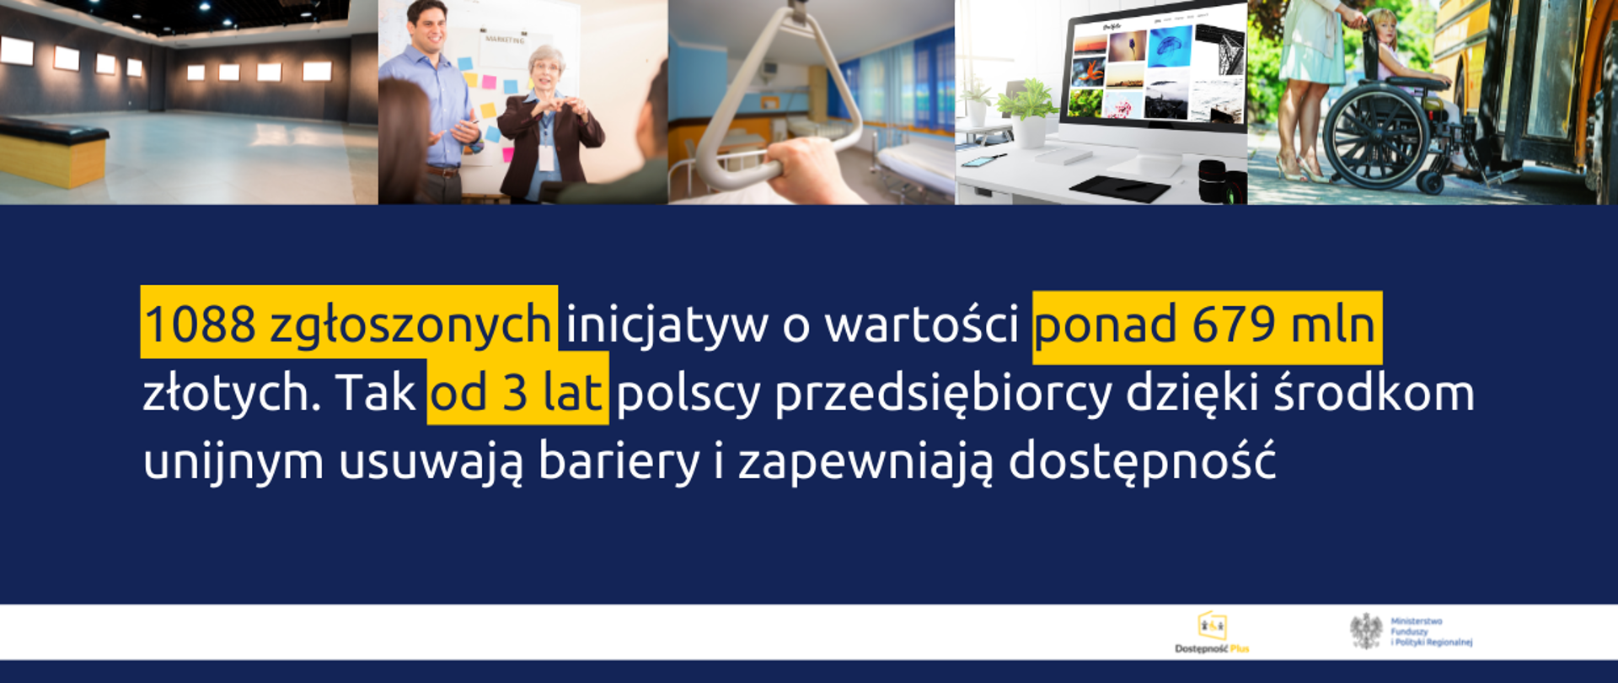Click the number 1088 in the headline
pos(200,325)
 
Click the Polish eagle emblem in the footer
pos(1365,632)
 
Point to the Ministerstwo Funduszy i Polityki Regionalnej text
pos(1431,632)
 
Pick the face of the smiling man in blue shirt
pos(429,25)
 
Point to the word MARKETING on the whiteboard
pos(504,39)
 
